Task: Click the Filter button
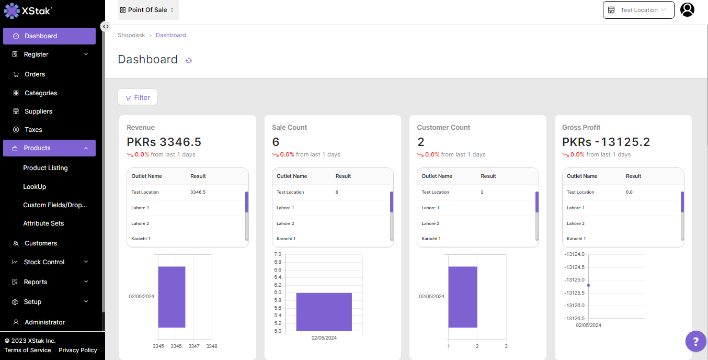pos(138,97)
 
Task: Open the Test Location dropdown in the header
pos(638,10)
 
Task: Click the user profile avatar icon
pos(687,9)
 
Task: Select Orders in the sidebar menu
pos(35,74)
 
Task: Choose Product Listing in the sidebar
pos(45,168)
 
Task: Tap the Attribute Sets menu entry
pos(43,223)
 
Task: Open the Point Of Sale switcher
pos(148,10)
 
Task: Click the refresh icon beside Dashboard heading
pos(189,61)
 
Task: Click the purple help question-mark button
pos(695,342)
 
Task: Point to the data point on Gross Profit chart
pos(588,285)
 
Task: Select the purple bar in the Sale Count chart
pos(324,311)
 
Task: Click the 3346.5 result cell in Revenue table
pos(198,192)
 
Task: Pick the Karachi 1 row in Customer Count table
pos(431,239)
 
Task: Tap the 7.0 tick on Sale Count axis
pos(278,254)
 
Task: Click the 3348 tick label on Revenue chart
pos(211,346)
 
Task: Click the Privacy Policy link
pos(78,350)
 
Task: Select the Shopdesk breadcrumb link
pos(131,35)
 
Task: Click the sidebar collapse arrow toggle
pos(105,26)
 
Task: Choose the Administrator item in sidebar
pos(45,322)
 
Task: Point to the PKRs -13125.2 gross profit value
pos(606,142)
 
